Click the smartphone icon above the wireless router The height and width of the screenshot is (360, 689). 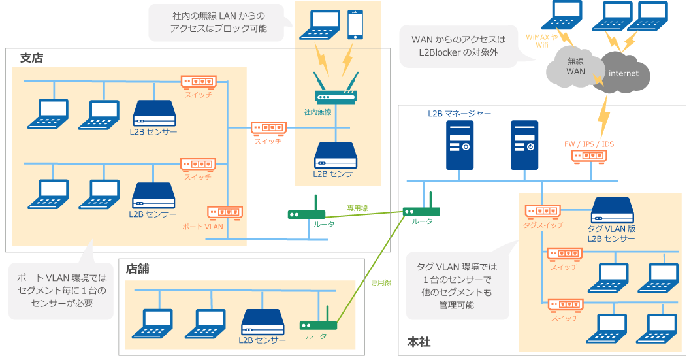tap(355, 25)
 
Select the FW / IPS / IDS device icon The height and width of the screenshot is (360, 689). tap(588, 156)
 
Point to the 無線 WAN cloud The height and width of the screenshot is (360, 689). tap(575, 67)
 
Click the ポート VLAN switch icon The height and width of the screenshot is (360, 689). tap(225, 212)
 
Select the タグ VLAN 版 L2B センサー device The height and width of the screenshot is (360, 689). tap(612, 210)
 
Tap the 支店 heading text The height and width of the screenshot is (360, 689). tap(31, 58)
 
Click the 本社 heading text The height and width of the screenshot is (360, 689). tap(419, 342)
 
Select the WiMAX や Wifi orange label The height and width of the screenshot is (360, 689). tap(541, 41)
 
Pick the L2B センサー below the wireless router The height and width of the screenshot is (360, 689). tap(336, 155)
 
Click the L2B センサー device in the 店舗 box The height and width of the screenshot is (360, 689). tap(262, 322)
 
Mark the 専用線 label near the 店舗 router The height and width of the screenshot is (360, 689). tap(381, 282)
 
